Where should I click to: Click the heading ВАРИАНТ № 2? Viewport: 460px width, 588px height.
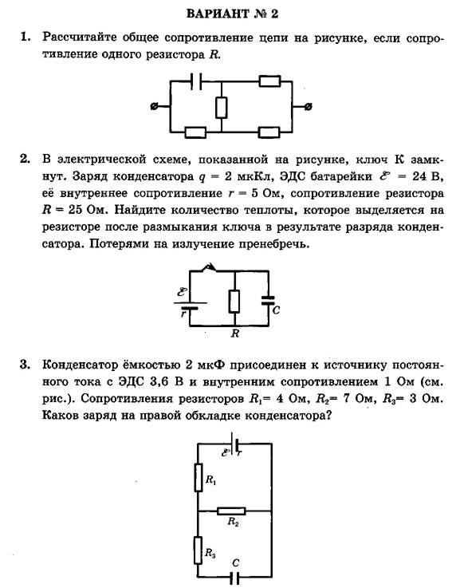click(x=232, y=14)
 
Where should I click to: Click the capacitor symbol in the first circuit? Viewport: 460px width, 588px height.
click(x=195, y=81)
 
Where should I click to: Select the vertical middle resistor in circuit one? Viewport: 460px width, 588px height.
click(x=222, y=107)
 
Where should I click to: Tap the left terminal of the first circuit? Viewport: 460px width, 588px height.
click(x=154, y=107)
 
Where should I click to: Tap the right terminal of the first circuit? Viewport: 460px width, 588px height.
click(x=308, y=107)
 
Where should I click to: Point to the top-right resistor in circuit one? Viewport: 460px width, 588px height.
click(x=269, y=81)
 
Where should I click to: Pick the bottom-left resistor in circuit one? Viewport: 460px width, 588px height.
click(x=195, y=132)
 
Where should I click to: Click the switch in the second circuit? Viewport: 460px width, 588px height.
click(x=209, y=267)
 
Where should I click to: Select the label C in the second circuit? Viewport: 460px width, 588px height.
click(x=276, y=310)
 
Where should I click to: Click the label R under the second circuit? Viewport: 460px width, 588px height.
click(x=235, y=333)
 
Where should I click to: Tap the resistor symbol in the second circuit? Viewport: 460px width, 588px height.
click(x=234, y=302)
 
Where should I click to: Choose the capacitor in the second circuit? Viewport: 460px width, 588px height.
click(x=268, y=300)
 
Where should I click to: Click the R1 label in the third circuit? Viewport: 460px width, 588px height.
click(x=211, y=479)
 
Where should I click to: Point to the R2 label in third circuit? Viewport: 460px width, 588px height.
click(x=233, y=522)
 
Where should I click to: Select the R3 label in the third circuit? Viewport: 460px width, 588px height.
click(x=210, y=552)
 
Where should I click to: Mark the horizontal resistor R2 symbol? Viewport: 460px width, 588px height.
click(x=231, y=511)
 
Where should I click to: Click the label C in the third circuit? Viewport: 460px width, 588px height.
click(x=236, y=563)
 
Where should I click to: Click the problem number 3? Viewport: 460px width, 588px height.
click(x=25, y=365)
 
